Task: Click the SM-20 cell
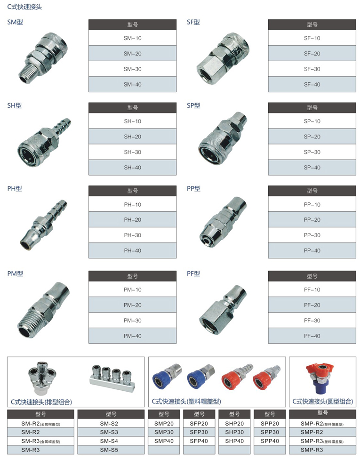pyautogui.click(x=132, y=53)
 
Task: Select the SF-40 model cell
pyautogui.click(x=312, y=84)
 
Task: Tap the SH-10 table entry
pyautogui.click(x=132, y=121)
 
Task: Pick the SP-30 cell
pyautogui.click(x=312, y=152)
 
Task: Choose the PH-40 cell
pyautogui.click(x=132, y=250)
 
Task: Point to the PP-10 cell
pyautogui.click(x=312, y=204)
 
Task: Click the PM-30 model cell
pyautogui.click(x=132, y=320)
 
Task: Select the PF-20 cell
pyautogui.click(x=312, y=305)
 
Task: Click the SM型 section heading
pyautogui.click(x=15, y=22)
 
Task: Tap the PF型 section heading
pyautogui.click(x=193, y=274)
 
